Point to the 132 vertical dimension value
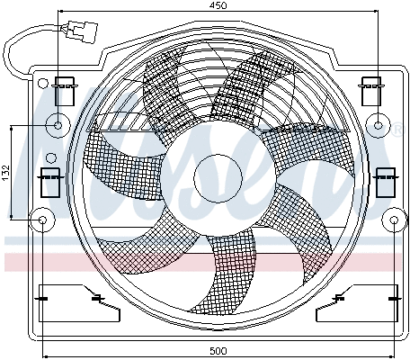tap(5, 172)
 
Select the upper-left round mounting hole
tap(59, 125)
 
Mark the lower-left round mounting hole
tap(41, 219)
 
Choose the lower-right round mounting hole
tap(396, 219)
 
